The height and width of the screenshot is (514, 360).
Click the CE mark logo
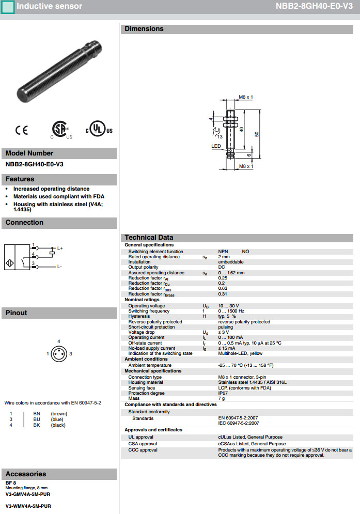[x=22, y=131]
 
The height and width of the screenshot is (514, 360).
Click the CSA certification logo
[x=61, y=130]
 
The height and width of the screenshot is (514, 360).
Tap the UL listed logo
[x=99, y=130]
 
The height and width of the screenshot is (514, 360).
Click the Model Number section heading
[x=29, y=153]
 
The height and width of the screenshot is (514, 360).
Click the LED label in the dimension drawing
[x=216, y=146]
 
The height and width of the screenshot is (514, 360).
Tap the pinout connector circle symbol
[x=59, y=354]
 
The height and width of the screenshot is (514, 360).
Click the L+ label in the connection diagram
[x=59, y=248]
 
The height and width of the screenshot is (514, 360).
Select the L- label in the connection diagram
[x=59, y=267]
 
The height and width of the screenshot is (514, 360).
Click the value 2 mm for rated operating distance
[x=224, y=257]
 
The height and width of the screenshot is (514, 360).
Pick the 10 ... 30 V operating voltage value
[x=228, y=306]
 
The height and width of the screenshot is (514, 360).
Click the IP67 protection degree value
[x=223, y=393]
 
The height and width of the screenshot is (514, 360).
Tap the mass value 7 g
[x=222, y=398]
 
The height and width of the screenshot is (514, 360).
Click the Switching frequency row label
[x=149, y=311]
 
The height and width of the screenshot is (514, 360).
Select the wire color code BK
[x=37, y=425]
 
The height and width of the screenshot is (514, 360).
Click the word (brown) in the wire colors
[x=58, y=414]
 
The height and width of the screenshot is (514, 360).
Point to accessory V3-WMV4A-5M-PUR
[x=28, y=506]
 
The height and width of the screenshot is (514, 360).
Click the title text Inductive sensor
[x=49, y=7]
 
